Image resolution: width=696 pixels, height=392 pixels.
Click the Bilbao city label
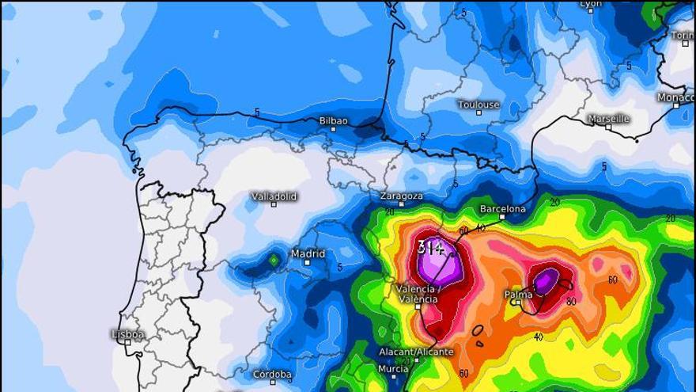point(333,120)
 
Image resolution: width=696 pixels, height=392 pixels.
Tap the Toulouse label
point(478,105)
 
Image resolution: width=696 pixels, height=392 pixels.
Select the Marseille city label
point(609,119)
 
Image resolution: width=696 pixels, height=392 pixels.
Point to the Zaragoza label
point(401,196)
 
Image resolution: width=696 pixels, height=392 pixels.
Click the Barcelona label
point(502,209)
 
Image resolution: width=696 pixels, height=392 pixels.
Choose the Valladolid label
point(274,196)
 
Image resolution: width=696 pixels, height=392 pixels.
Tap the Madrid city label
point(308,253)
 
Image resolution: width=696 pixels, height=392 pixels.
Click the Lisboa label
point(127,334)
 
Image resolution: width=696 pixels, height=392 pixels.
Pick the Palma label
point(519,295)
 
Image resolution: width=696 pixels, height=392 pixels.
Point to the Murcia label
point(393,368)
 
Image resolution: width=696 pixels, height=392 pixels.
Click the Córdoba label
point(272,374)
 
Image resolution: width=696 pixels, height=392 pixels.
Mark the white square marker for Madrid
point(307,262)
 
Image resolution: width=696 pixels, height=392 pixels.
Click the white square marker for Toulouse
point(478,112)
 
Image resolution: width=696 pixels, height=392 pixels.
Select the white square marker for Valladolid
point(274,204)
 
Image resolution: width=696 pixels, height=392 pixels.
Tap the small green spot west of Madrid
point(274,259)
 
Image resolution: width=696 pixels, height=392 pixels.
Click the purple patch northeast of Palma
point(546,280)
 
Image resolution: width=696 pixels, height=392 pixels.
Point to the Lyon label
point(591,4)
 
